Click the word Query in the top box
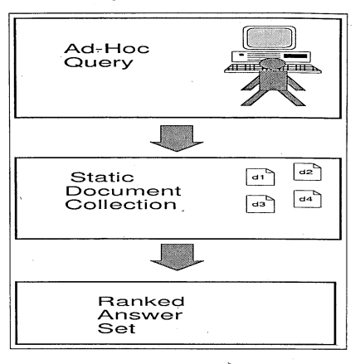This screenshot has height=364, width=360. pos(99,63)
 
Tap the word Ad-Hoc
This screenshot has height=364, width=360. pos(107,49)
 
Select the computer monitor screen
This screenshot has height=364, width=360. pos(269,37)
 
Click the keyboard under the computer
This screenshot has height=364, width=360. pos(272,68)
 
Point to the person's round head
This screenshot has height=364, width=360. pos(272,64)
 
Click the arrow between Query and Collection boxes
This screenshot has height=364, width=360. pos(177,138)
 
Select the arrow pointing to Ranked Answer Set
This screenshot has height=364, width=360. pos(177,257)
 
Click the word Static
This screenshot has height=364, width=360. pos(102,177)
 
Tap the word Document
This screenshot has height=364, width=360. pos(124,191)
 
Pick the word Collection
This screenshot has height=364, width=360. pos(121,205)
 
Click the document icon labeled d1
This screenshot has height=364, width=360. pos(260,177)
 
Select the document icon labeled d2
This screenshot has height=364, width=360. pos(308,172)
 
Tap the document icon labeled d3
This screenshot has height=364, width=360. pos(260,204)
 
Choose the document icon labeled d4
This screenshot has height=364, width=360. pos(308,199)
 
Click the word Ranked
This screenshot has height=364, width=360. pos(141,301)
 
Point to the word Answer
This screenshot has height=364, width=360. pos(140,315)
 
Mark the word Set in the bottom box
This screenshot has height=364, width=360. pos(117,328)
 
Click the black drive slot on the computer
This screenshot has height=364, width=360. pos(295,56)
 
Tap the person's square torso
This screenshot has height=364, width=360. pos(272,80)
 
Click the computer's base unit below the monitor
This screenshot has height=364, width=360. pos(271,56)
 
